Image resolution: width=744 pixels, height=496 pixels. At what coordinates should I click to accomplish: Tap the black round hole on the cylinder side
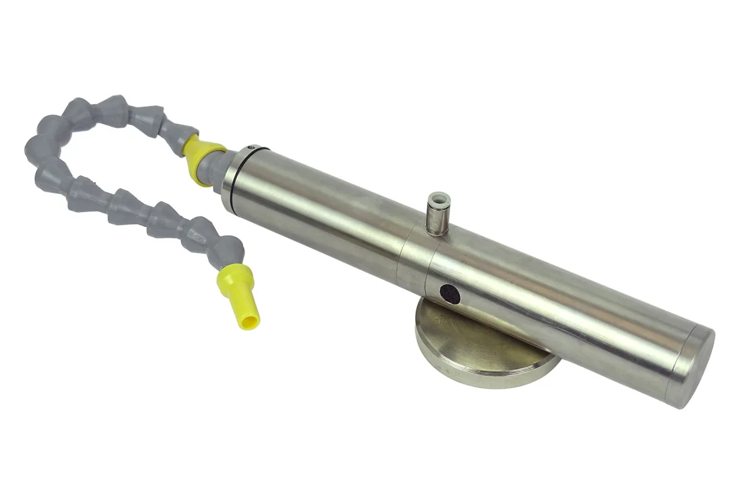[449, 294]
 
